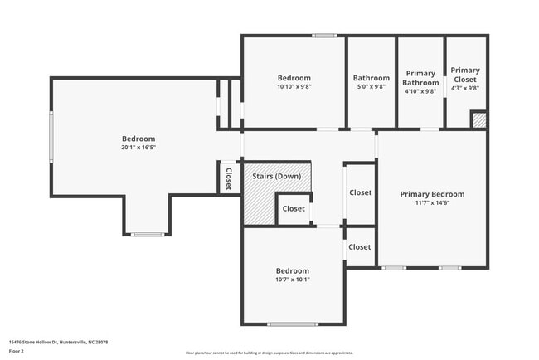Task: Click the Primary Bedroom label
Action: coord(432,194)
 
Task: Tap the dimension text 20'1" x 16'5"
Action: coord(138,148)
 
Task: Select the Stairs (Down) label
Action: coord(277,176)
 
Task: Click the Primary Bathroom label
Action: coord(420,78)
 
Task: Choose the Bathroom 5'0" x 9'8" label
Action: coord(371,79)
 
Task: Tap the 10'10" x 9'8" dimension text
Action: coord(293,86)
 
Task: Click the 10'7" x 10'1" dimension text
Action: coord(292,280)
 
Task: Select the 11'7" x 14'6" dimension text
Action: coord(432,203)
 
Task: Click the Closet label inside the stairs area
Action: coord(294,209)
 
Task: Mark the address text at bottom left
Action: coord(58,342)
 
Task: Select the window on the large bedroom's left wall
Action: coord(51,137)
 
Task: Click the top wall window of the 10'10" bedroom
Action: coord(324,35)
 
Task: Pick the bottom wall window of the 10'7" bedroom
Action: coord(292,324)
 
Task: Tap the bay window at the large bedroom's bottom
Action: coord(148,235)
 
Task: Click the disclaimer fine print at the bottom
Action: coord(269,353)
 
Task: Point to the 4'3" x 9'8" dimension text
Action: coord(465,88)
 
